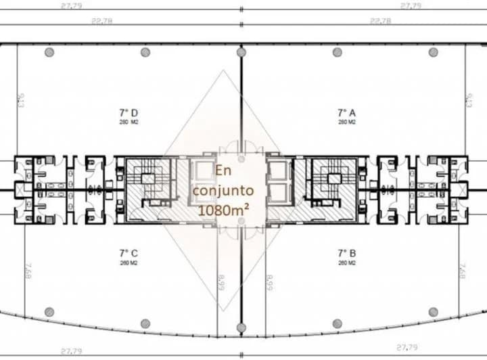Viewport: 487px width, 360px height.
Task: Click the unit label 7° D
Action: point(129,112)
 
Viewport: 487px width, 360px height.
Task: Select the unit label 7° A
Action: point(347,112)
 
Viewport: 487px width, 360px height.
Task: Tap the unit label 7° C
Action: point(129,254)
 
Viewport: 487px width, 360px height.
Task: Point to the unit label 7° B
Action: point(347,254)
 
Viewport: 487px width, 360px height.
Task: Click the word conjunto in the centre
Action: point(223,190)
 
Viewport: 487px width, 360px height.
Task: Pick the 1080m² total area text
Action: point(223,210)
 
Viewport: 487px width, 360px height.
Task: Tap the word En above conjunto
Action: point(223,171)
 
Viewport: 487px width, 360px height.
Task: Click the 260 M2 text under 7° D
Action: point(129,122)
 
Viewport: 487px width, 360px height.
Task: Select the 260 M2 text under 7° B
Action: point(347,263)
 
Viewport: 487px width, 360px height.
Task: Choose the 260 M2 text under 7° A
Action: point(347,122)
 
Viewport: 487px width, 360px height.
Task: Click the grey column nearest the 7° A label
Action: point(338,52)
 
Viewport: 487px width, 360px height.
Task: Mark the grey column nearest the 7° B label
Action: point(338,312)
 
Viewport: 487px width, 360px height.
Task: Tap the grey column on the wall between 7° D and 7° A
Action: point(241,52)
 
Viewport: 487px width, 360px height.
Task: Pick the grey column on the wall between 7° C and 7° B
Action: point(241,328)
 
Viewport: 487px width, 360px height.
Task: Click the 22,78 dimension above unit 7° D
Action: point(101,21)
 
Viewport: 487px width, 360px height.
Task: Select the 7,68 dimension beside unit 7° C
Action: point(28,270)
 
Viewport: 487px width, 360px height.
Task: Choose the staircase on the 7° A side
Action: point(331,183)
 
